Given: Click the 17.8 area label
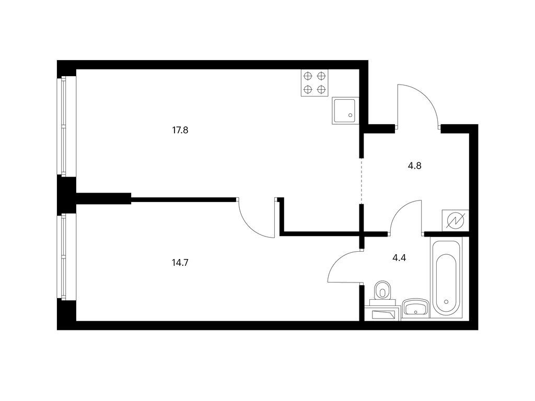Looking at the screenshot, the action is pos(180,130).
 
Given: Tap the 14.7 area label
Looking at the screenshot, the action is pos(180,263).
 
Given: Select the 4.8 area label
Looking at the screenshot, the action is pos(414,166).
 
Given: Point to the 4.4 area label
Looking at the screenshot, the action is pos(399,258).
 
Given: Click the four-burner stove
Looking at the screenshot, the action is pos(314,82).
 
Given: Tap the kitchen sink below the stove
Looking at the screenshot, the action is pos(345,111).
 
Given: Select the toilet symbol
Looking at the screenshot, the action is pos(382,292).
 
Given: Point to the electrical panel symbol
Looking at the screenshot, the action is pos(455,220).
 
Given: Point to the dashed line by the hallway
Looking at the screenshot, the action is pos(362,181).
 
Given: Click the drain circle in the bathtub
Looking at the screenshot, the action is pos(446,302).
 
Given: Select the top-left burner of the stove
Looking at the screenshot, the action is pos(308,76).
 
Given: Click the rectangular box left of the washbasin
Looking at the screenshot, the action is pos(382,313).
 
